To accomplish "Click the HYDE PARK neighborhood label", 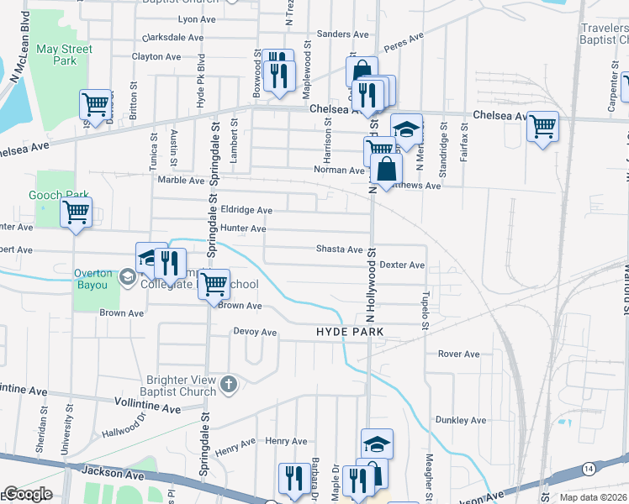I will coord(350,332).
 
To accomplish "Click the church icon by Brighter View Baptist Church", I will coord(228,385).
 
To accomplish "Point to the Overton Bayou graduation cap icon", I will coord(127,276).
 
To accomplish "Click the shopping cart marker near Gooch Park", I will coord(77,212).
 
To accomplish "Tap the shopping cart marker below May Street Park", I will coord(96,104).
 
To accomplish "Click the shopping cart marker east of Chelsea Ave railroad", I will coord(542,126).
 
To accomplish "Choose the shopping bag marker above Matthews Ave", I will coord(384,170).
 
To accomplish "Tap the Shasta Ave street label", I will coord(339,249).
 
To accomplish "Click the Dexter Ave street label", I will coord(402,265).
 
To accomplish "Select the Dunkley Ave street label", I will coord(461,420).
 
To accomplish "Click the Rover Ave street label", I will coord(458,354).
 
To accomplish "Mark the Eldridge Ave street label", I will coord(246,210).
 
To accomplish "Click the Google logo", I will coord(27,494).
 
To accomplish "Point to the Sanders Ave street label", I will coord(342,34).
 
